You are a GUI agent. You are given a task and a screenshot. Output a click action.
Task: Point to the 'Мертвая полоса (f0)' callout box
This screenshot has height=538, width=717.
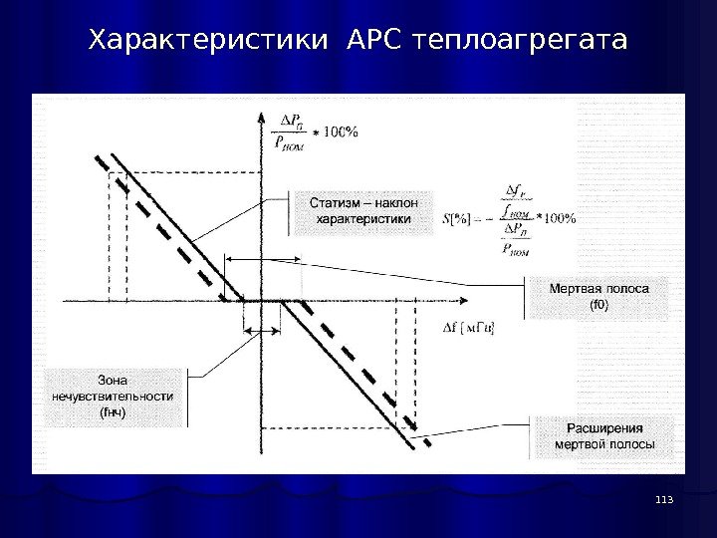click(x=599, y=296)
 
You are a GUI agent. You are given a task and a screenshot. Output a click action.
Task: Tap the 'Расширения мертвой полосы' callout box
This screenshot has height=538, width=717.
click(x=604, y=436)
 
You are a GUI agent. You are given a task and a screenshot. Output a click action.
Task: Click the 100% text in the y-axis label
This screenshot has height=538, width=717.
click(x=339, y=132)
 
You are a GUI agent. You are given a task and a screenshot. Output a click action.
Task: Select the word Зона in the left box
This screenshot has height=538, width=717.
click(x=112, y=378)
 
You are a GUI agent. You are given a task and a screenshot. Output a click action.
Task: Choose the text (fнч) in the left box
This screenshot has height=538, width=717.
click(x=112, y=412)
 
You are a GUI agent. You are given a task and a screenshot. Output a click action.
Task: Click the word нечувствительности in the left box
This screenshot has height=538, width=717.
click(x=112, y=396)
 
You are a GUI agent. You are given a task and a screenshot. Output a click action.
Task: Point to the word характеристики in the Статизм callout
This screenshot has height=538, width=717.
click(x=362, y=218)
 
